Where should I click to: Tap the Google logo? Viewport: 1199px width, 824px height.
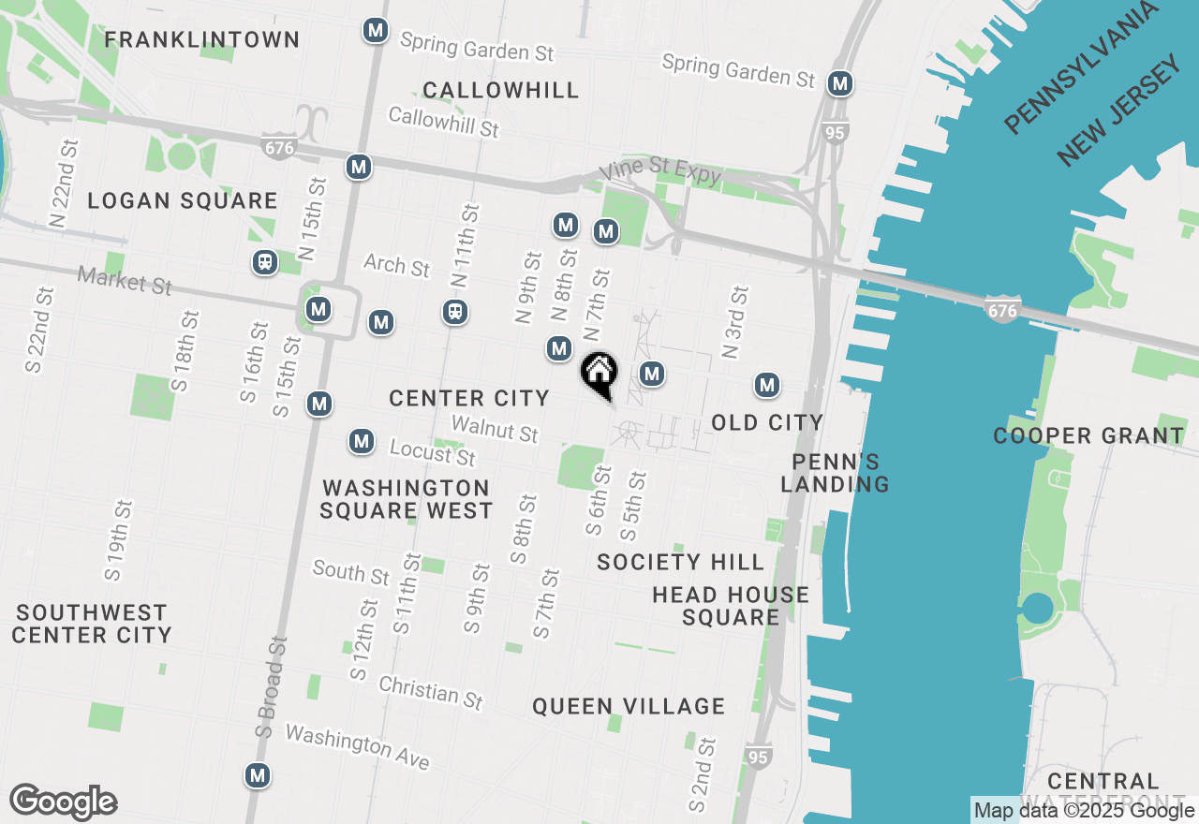click(x=64, y=802)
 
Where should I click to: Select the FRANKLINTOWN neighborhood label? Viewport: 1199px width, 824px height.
click(x=202, y=39)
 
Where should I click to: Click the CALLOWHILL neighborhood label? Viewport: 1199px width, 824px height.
click(x=501, y=90)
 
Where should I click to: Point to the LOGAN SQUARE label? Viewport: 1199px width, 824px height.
click(x=183, y=200)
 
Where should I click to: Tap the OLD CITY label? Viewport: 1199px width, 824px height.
click(x=767, y=422)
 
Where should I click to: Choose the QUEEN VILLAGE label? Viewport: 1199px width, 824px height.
click(x=629, y=706)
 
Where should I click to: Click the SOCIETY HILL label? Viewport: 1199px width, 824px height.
click(x=681, y=562)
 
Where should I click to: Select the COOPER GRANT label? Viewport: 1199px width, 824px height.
click(x=1088, y=435)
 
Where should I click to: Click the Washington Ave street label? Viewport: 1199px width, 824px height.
click(x=357, y=746)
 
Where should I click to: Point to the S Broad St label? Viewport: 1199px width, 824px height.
click(x=272, y=688)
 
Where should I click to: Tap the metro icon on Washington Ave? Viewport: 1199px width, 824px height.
click(x=258, y=775)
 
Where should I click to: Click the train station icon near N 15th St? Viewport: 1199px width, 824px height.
click(x=265, y=262)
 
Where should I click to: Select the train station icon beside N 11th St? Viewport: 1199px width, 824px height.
click(x=455, y=312)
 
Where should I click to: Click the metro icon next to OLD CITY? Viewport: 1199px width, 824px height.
click(x=767, y=385)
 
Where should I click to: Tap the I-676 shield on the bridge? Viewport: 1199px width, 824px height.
click(x=1001, y=310)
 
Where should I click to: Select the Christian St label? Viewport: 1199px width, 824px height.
click(x=431, y=692)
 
